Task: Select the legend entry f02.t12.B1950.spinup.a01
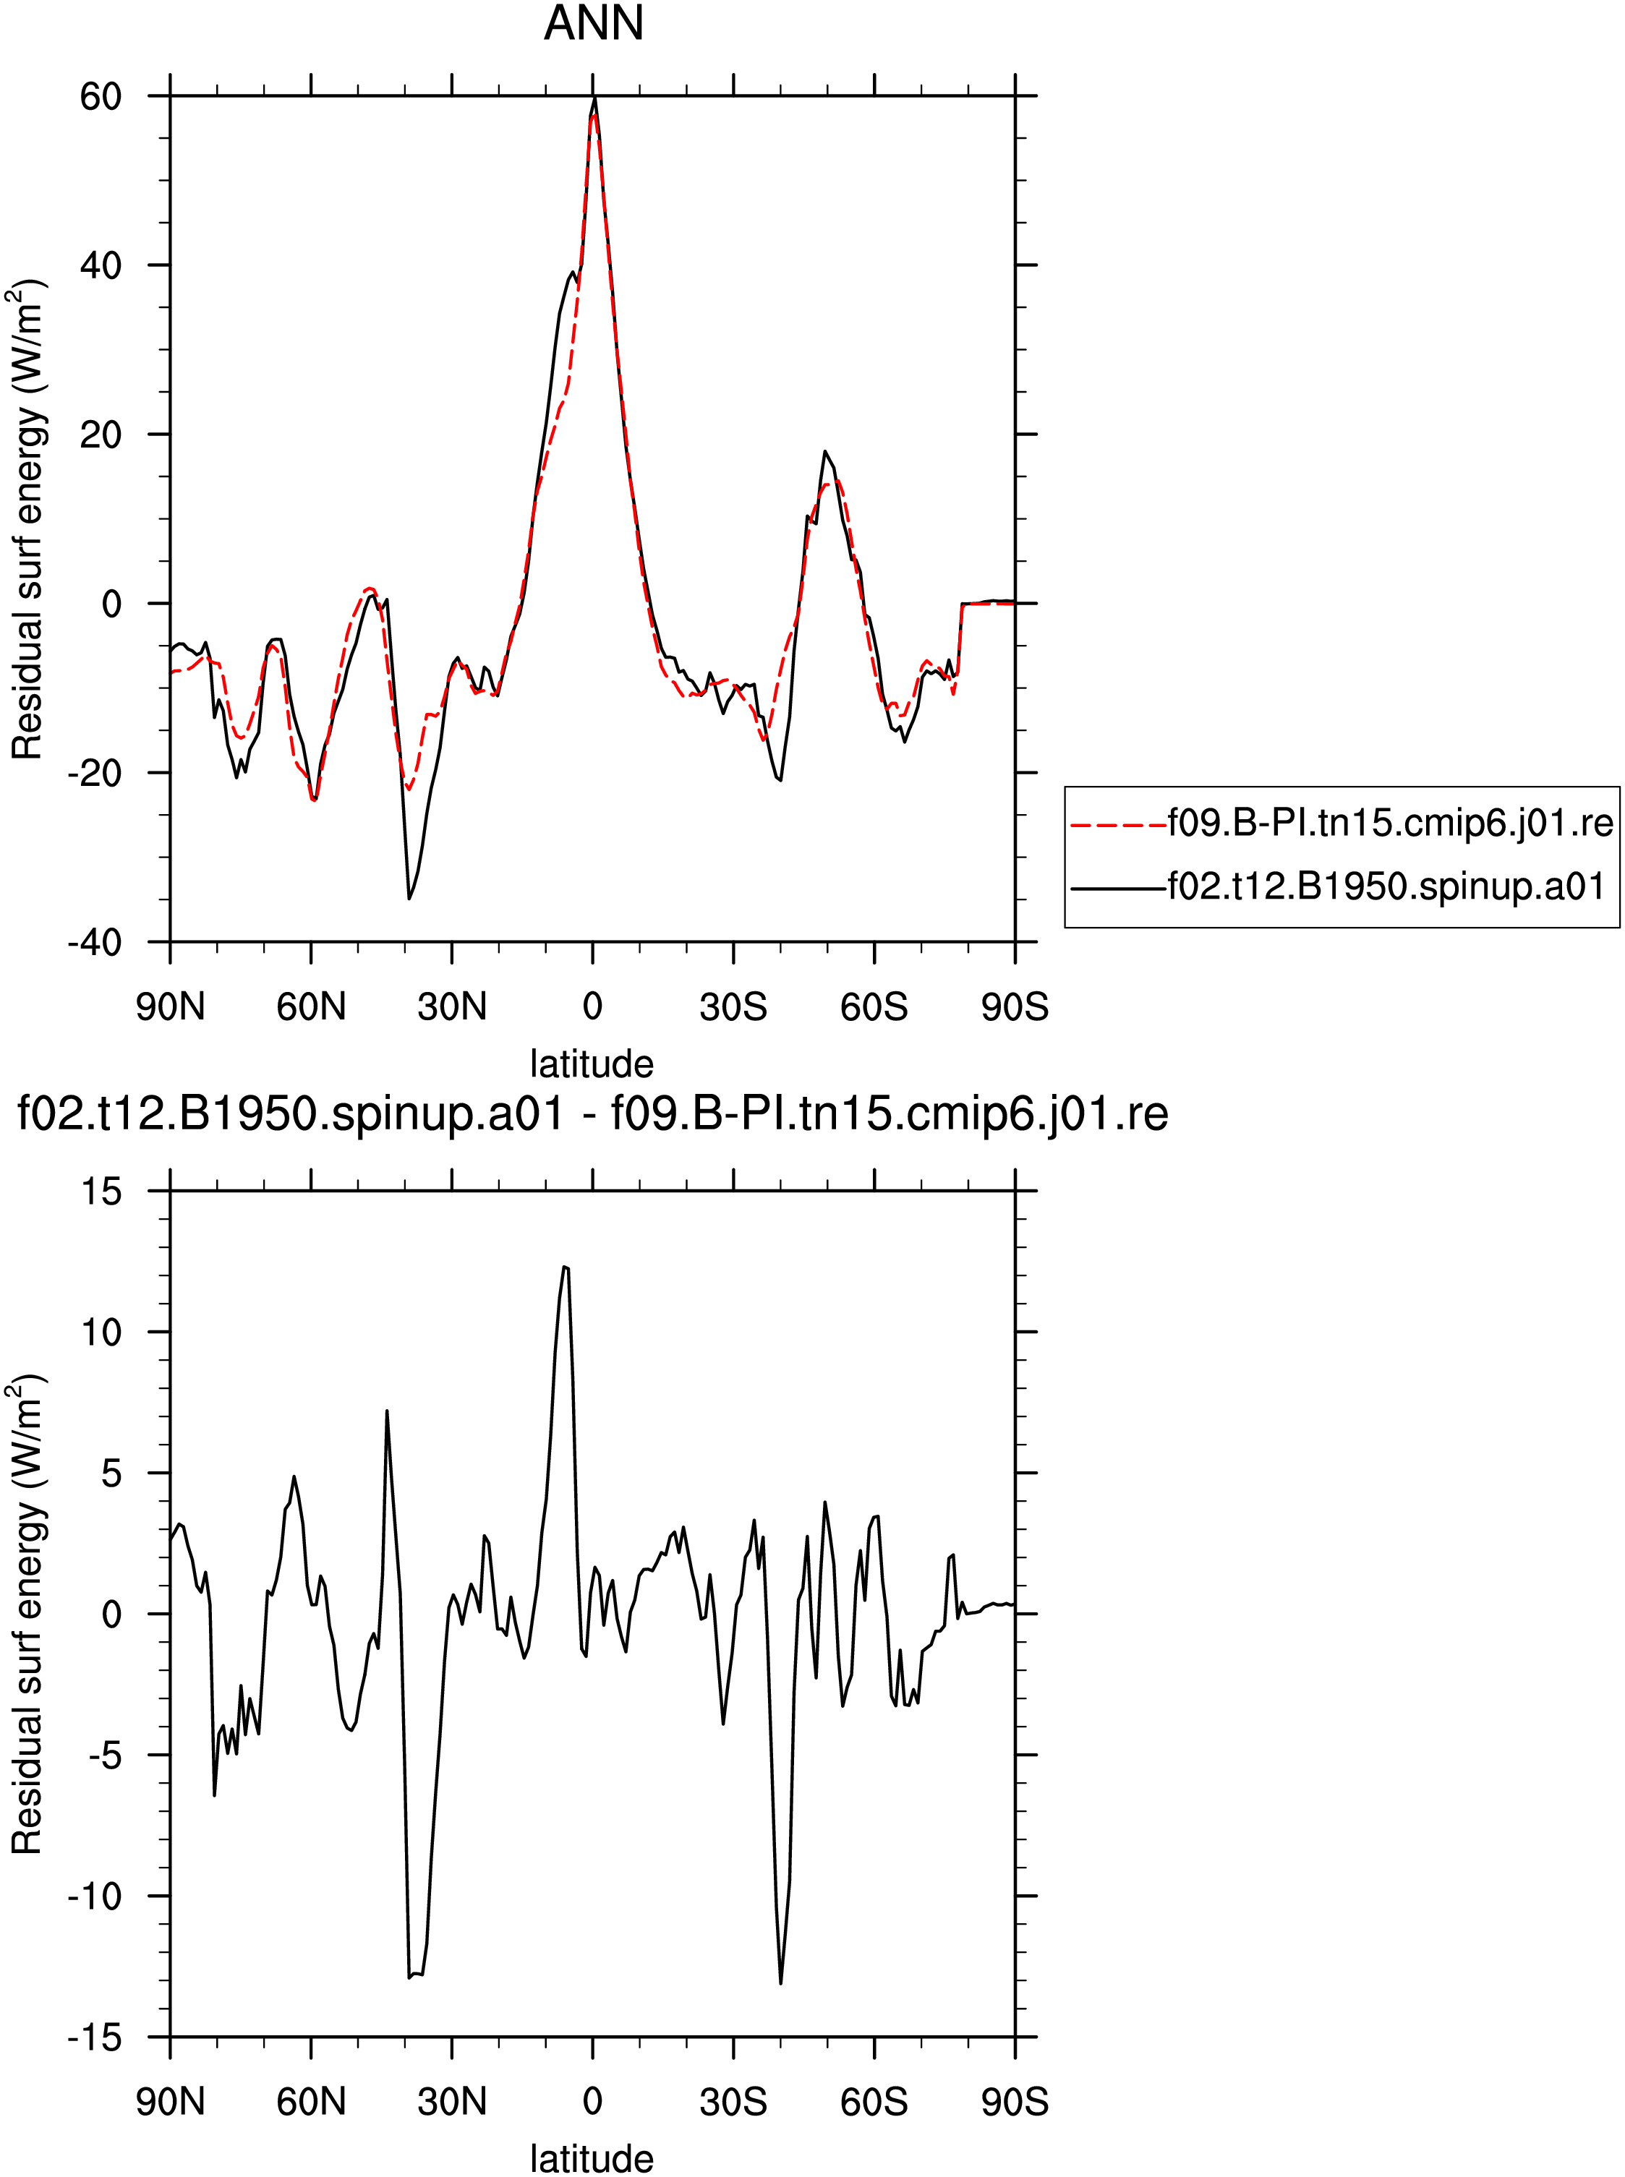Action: click(x=1385, y=887)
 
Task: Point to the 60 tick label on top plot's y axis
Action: click(x=101, y=96)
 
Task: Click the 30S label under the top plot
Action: click(x=733, y=1007)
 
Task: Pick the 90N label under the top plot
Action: click(x=170, y=1007)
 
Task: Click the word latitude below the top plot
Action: click(x=592, y=1064)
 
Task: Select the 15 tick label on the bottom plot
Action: click(x=101, y=1192)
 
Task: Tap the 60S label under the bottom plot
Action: click(x=874, y=2103)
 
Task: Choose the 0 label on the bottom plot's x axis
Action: click(x=592, y=2103)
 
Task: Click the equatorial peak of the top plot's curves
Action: click(x=594, y=98)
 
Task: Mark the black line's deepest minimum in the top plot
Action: click(x=409, y=898)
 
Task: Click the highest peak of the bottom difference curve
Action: click(x=565, y=1267)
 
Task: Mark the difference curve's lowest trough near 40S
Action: click(x=780, y=1983)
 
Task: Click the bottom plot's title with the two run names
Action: click(x=593, y=1114)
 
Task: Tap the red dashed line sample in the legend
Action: click(x=1117, y=824)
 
